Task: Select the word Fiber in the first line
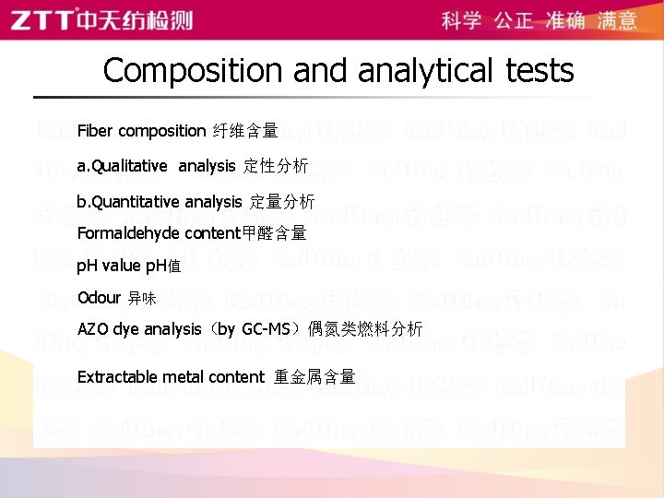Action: (x=95, y=131)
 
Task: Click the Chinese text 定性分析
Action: (x=276, y=167)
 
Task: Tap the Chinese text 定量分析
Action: (x=281, y=201)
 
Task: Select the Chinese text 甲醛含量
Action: (x=273, y=234)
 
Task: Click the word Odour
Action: (x=99, y=298)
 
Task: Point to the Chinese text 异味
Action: (x=142, y=299)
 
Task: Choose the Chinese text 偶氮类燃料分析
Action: (x=365, y=329)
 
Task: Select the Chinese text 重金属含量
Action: (x=314, y=377)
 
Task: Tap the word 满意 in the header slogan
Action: (x=617, y=20)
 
